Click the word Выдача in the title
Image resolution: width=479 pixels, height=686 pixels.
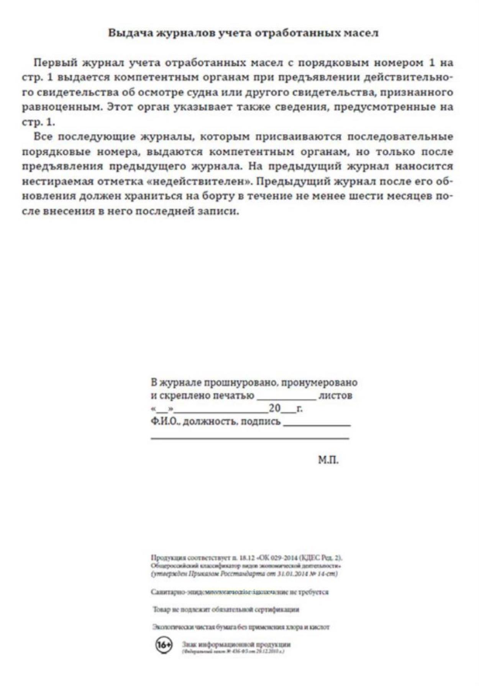130,33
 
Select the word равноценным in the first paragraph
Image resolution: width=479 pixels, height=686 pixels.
61,107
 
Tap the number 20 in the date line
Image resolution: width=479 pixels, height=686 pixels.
275,408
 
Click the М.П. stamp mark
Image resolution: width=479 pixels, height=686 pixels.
328,460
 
